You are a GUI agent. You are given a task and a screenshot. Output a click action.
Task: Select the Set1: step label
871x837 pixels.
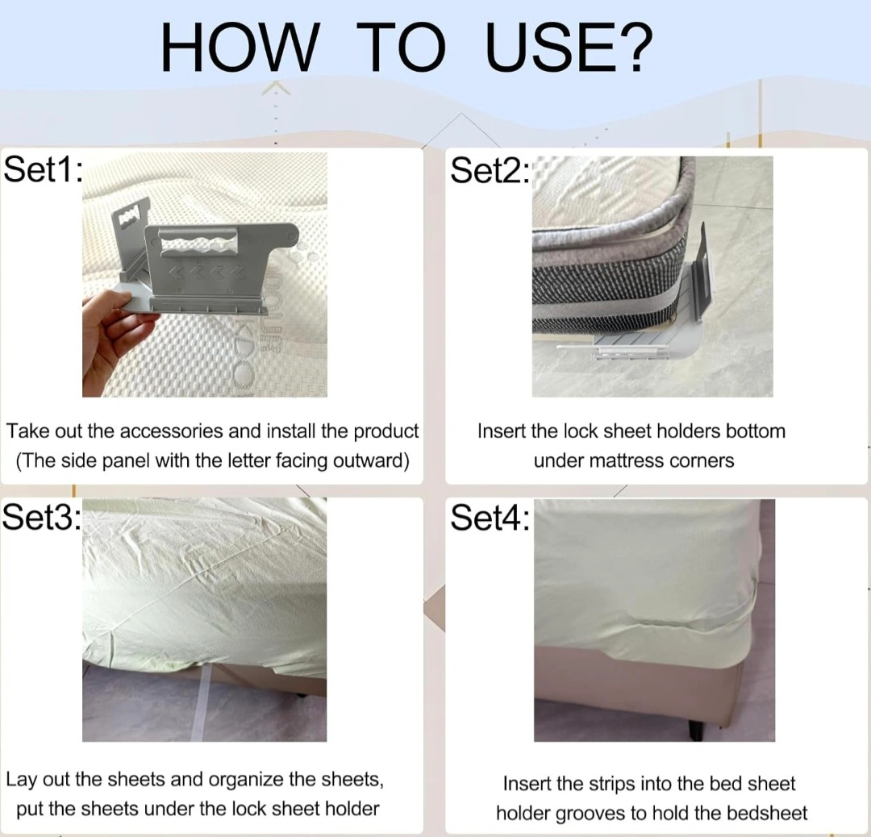click(44, 169)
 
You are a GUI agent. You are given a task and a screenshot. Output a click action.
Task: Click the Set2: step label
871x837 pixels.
click(490, 169)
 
